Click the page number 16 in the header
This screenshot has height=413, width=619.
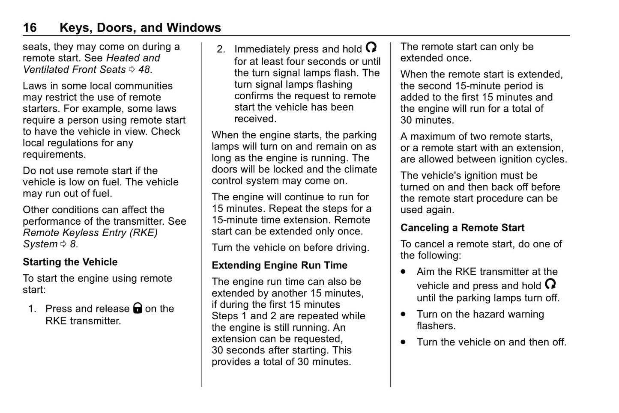[x=30, y=28]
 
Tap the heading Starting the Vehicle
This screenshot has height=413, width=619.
[x=70, y=262]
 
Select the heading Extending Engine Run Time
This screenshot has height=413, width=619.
[x=279, y=265]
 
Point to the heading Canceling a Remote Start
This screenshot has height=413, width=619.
[x=462, y=228]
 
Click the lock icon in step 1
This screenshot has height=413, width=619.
[x=138, y=308]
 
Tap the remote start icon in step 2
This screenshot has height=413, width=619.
[x=371, y=48]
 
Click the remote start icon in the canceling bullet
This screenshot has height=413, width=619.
[x=550, y=284]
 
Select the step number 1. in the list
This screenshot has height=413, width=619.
[x=33, y=309]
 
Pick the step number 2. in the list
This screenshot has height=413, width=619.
[x=221, y=50]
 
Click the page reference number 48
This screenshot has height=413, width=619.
[x=144, y=69]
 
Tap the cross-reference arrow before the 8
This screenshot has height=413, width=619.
[x=63, y=244]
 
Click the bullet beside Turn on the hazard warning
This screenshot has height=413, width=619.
[x=403, y=314]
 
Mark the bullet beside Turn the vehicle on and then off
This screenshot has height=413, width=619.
[x=403, y=342]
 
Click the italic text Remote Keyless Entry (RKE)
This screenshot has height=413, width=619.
[x=90, y=233]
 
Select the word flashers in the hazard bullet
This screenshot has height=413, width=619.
[x=436, y=326]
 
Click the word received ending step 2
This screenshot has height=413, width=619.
[x=255, y=119]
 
